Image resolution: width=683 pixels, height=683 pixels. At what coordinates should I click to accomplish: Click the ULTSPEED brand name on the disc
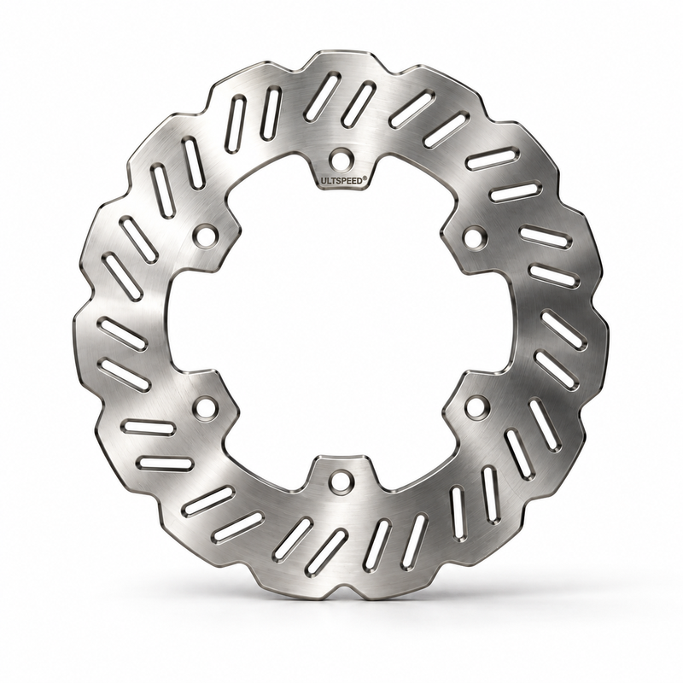[x=341, y=181]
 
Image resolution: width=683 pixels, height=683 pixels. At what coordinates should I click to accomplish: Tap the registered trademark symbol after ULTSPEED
[x=365, y=178]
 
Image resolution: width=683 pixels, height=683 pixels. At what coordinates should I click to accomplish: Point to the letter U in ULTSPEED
[x=324, y=181]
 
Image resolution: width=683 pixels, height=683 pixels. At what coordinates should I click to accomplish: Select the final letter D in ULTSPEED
[x=359, y=181]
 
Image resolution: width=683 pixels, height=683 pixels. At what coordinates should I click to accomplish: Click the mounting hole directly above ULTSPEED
[x=341, y=160]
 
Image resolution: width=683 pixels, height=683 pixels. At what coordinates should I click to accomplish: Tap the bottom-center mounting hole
[x=341, y=482]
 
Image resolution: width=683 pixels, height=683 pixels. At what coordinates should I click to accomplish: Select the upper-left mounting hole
[x=204, y=236]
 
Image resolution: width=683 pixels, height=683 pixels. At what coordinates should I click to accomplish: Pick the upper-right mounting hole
[x=476, y=236]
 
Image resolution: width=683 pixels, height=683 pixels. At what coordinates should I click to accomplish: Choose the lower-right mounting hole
[x=476, y=406]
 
